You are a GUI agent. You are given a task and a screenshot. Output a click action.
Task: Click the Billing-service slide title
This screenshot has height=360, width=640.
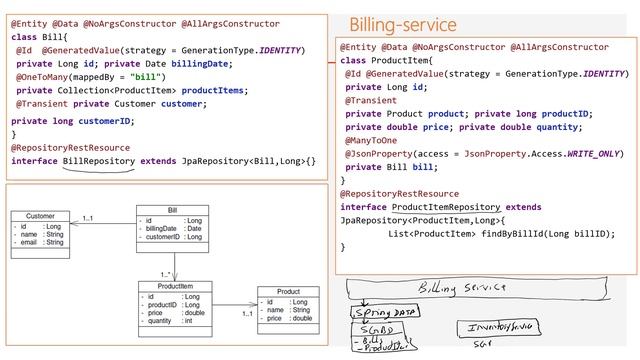(402, 24)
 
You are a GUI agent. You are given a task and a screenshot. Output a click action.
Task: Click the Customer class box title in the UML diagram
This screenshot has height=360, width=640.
(40, 216)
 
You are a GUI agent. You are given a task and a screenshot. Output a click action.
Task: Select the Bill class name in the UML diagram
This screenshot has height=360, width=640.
(173, 210)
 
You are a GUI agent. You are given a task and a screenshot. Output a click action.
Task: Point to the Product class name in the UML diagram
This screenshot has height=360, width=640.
(288, 291)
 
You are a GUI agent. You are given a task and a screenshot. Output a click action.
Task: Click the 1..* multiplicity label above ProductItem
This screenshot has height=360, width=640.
(164, 272)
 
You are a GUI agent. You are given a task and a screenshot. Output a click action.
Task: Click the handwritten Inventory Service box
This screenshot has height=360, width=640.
(493, 327)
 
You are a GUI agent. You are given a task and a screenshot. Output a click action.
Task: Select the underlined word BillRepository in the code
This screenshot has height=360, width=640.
(98, 161)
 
